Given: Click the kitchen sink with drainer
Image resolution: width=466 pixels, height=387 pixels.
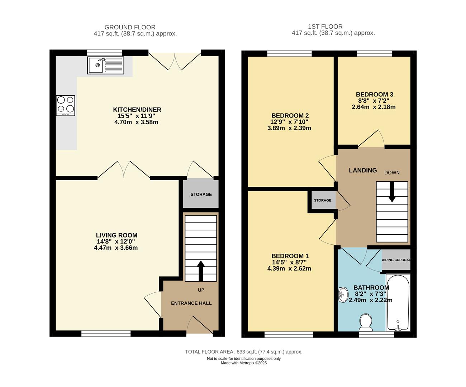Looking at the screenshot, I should (x=105, y=65).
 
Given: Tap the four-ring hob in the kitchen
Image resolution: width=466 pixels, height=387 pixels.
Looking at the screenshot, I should (x=65, y=105).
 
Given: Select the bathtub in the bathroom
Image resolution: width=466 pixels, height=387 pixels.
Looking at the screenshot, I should (x=398, y=302).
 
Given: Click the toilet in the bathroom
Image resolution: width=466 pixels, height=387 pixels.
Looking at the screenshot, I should (x=366, y=322).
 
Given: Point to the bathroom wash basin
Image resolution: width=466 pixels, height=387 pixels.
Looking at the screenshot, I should (x=343, y=295).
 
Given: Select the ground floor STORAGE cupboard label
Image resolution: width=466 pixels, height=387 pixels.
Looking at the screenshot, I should (x=201, y=194).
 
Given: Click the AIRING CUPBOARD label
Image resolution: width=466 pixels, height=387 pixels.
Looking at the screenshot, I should (x=396, y=260).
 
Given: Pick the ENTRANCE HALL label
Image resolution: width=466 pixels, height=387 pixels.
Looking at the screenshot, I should (x=191, y=303).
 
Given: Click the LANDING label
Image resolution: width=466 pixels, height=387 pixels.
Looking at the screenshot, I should (x=363, y=171).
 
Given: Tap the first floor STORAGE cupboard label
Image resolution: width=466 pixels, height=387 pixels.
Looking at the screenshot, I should (x=323, y=200).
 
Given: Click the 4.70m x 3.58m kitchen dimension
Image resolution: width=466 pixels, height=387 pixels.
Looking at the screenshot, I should (x=136, y=122).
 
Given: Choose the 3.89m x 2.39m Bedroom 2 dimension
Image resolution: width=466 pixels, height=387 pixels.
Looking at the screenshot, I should (x=289, y=128).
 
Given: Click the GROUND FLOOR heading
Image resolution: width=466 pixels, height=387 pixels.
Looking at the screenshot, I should (x=130, y=27).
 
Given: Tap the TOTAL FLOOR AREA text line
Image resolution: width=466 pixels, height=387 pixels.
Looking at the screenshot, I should (x=243, y=352).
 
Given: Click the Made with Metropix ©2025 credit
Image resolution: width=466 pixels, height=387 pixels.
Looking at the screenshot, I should (x=243, y=363).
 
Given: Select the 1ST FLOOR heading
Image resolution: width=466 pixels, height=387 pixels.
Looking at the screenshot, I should (x=325, y=27).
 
